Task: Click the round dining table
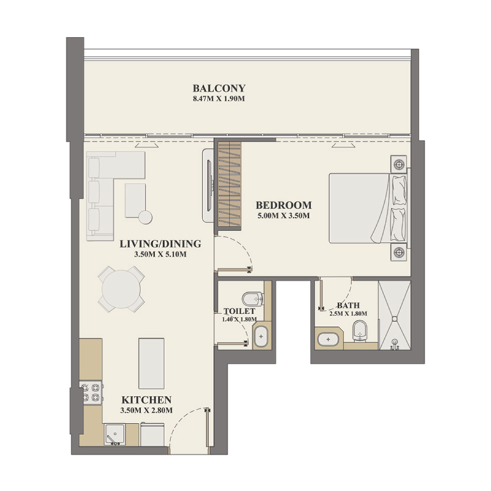point(122,288)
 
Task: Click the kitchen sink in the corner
point(115,435)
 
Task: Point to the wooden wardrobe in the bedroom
point(230,182)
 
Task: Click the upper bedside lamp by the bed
point(400,164)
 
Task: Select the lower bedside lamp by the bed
point(400,251)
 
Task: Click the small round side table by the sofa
point(145,217)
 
